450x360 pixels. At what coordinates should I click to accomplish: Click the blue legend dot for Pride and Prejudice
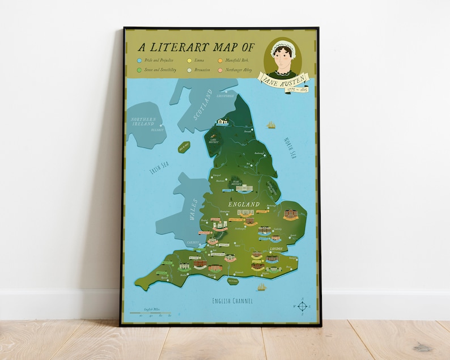[140, 60]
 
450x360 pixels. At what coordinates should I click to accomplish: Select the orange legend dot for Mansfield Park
[220, 60]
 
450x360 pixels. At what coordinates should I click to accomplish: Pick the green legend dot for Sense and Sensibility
[140, 70]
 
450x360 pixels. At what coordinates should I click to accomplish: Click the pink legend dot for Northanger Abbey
[220, 70]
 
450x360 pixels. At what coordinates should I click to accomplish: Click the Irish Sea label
[159, 168]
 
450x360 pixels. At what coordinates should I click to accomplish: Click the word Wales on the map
[193, 208]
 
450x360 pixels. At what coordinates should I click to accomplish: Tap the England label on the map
[244, 204]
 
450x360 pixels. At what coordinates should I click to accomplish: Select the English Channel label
[232, 300]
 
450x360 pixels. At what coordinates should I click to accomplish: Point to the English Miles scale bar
[150, 312]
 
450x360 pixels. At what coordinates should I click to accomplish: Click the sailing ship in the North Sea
[271, 124]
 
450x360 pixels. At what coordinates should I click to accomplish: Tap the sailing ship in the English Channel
[261, 287]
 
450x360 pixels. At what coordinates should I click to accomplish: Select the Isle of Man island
[184, 147]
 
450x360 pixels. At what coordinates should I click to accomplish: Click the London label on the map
[277, 249]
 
